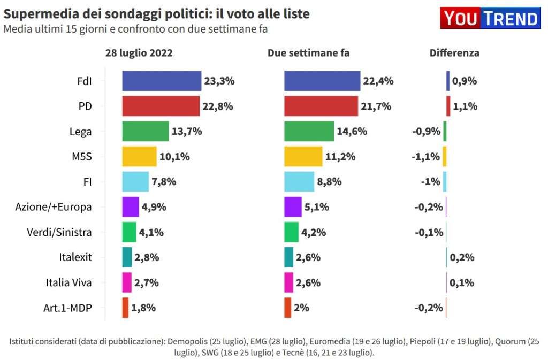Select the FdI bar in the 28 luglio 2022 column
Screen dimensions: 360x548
(x=162, y=81)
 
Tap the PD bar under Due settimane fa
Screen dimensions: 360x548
(x=321, y=106)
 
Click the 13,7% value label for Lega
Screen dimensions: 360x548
(x=187, y=131)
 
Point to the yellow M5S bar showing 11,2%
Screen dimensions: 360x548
(x=303, y=157)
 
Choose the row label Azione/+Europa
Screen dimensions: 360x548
(x=54, y=207)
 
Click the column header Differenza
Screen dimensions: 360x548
(x=454, y=53)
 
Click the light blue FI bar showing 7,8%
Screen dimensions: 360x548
(x=135, y=182)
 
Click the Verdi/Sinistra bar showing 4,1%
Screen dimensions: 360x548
(x=129, y=232)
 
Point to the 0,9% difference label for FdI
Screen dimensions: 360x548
(x=465, y=81)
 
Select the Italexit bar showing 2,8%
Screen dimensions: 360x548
(x=127, y=257)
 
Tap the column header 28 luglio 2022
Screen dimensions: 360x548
(x=139, y=53)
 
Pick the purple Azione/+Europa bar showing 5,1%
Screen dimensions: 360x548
(x=293, y=207)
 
